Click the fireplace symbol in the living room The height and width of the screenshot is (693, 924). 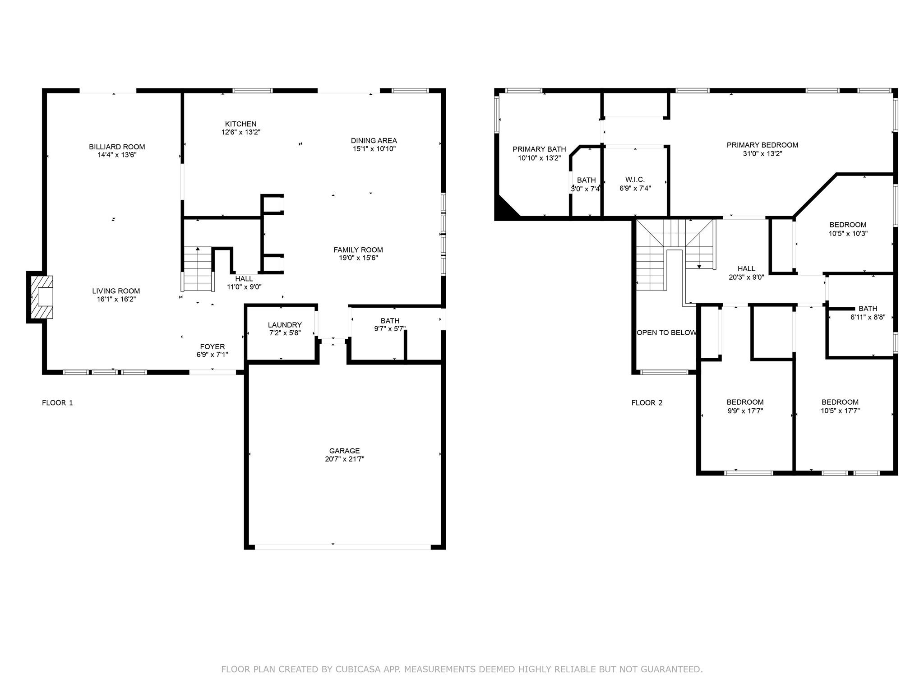pos(40,297)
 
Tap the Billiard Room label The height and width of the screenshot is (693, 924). pos(117,147)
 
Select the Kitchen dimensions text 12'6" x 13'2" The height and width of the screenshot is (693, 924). pos(241,132)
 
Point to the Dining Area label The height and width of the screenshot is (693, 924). pos(374,140)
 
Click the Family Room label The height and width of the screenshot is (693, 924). pos(358,249)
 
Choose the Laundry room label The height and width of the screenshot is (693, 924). pos(285,325)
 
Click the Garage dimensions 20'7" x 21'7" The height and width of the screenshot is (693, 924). pos(344,459)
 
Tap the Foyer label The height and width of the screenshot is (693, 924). pos(213,346)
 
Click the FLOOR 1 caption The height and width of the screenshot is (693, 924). pos(57,403)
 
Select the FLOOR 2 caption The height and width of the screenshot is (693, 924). pos(647,403)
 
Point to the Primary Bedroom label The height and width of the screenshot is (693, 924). pos(762,145)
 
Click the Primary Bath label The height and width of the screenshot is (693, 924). pos(539,149)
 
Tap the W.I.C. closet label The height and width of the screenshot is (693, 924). pos(635,180)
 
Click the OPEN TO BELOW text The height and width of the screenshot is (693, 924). pos(666,333)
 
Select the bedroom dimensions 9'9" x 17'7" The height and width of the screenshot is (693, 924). pos(745,411)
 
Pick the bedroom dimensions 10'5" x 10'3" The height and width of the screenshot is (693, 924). pos(848,234)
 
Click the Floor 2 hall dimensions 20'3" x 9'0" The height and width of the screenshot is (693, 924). pos(746,277)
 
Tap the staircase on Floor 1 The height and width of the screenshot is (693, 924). pos(198,269)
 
